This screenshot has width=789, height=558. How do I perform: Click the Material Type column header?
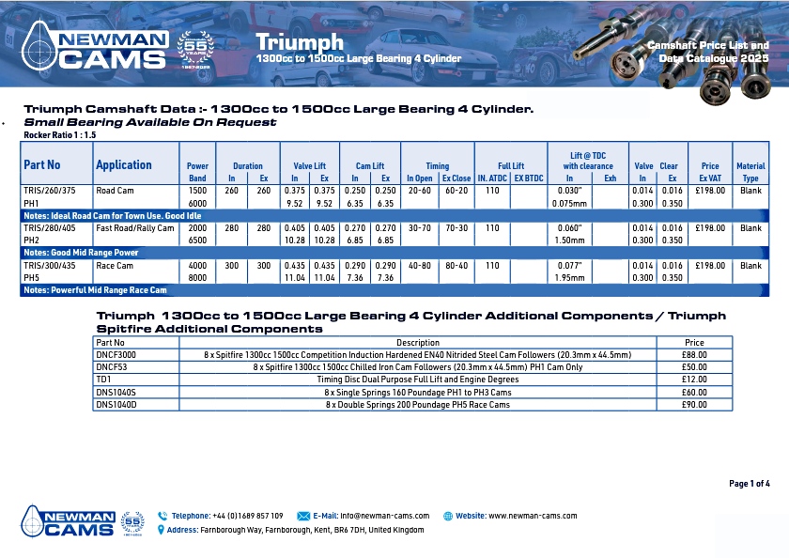[750, 171]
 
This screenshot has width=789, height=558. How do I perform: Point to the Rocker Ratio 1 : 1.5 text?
[57, 135]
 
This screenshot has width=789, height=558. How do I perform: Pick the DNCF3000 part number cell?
[116, 355]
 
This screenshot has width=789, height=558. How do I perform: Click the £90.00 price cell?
[694, 405]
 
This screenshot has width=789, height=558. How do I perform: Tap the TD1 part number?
[103, 380]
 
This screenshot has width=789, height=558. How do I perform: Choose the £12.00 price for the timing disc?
[694, 380]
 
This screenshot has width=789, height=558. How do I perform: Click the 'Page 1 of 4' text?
[749, 484]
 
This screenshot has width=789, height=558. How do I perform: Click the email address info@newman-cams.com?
[384, 516]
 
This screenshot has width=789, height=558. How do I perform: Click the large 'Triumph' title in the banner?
[300, 42]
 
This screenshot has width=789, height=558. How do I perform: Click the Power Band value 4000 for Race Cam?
[197, 266]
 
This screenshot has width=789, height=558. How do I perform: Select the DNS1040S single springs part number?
[116, 392]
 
